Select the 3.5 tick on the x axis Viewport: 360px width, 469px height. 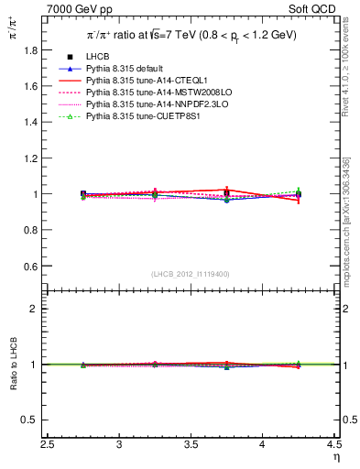tap(191, 445)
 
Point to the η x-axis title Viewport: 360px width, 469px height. tap(336, 457)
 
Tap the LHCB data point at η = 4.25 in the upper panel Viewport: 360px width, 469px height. tap(298, 194)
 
